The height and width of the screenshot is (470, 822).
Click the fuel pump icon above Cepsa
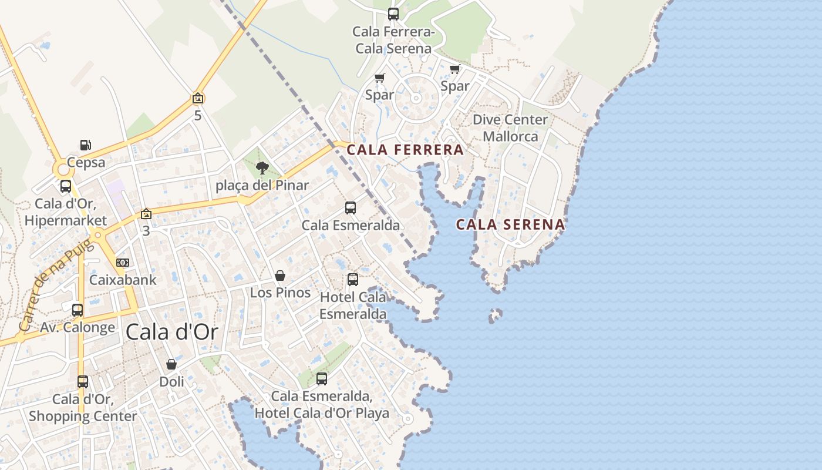(86, 145)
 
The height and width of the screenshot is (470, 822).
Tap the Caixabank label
(123, 280)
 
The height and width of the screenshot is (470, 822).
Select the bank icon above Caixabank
(123, 263)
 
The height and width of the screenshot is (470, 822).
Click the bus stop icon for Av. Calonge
(78, 310)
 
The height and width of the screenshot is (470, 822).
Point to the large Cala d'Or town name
(172, 332)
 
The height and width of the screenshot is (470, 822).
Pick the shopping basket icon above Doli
(171, 365)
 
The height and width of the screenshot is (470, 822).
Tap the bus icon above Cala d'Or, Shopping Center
(83, 382)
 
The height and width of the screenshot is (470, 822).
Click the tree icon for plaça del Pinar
(262, 169)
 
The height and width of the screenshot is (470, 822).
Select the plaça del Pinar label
(262, 186)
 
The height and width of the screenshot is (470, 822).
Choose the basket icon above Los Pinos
(280, 276)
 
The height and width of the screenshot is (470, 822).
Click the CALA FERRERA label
(405, 150)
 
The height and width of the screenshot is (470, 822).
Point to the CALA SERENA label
(510, 224)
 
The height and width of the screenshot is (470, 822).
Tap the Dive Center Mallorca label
(510, 128)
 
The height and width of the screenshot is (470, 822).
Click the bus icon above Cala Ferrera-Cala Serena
(393, 14)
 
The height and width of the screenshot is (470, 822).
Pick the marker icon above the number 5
(198, 99)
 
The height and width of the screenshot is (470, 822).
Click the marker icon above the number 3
(146, 214)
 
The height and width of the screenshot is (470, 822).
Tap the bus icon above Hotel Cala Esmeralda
(353, 280)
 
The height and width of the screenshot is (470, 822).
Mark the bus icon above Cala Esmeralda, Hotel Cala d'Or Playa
(322, 379)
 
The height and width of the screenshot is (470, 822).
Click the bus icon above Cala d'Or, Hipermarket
(66, 187)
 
